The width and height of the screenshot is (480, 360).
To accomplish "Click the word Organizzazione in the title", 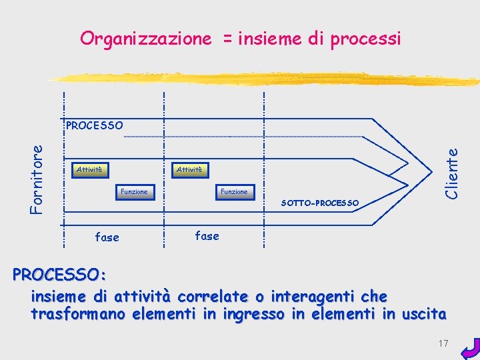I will pyautogui.click(x=145, y=39).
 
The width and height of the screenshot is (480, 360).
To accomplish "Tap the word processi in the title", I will pyautogui.click(x=363, y=39).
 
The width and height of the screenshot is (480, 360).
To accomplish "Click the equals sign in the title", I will pyautogui.click(x=227, y=39).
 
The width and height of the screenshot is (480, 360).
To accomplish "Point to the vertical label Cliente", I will pyautogui.click(x=453, y=173).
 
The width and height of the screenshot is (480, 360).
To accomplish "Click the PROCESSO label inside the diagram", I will pyautogui.click(x=94, y=125).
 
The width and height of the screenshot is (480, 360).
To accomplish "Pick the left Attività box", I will pyautogui.click(x=90, y=170).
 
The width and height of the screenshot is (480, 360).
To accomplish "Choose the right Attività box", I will pyautogui.click(x=190, y=170).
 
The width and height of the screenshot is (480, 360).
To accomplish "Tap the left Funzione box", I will pyautogui.click(x=134, y=192).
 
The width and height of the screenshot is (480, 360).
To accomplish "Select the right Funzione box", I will pyautogui.click(x=234, y=192).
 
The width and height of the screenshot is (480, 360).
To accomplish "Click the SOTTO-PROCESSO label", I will pyautogui.click(x=320, y=203).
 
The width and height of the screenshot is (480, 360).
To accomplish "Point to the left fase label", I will pyautogui.click(x=107, y=237).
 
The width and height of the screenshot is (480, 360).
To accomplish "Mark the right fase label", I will pyautogui.click(x=207, y=235).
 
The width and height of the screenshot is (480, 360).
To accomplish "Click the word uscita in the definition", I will pyautogui.click(x=425, y=314).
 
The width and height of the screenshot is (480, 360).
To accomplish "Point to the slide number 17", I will pyautogui.click(x=443, y=343).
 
